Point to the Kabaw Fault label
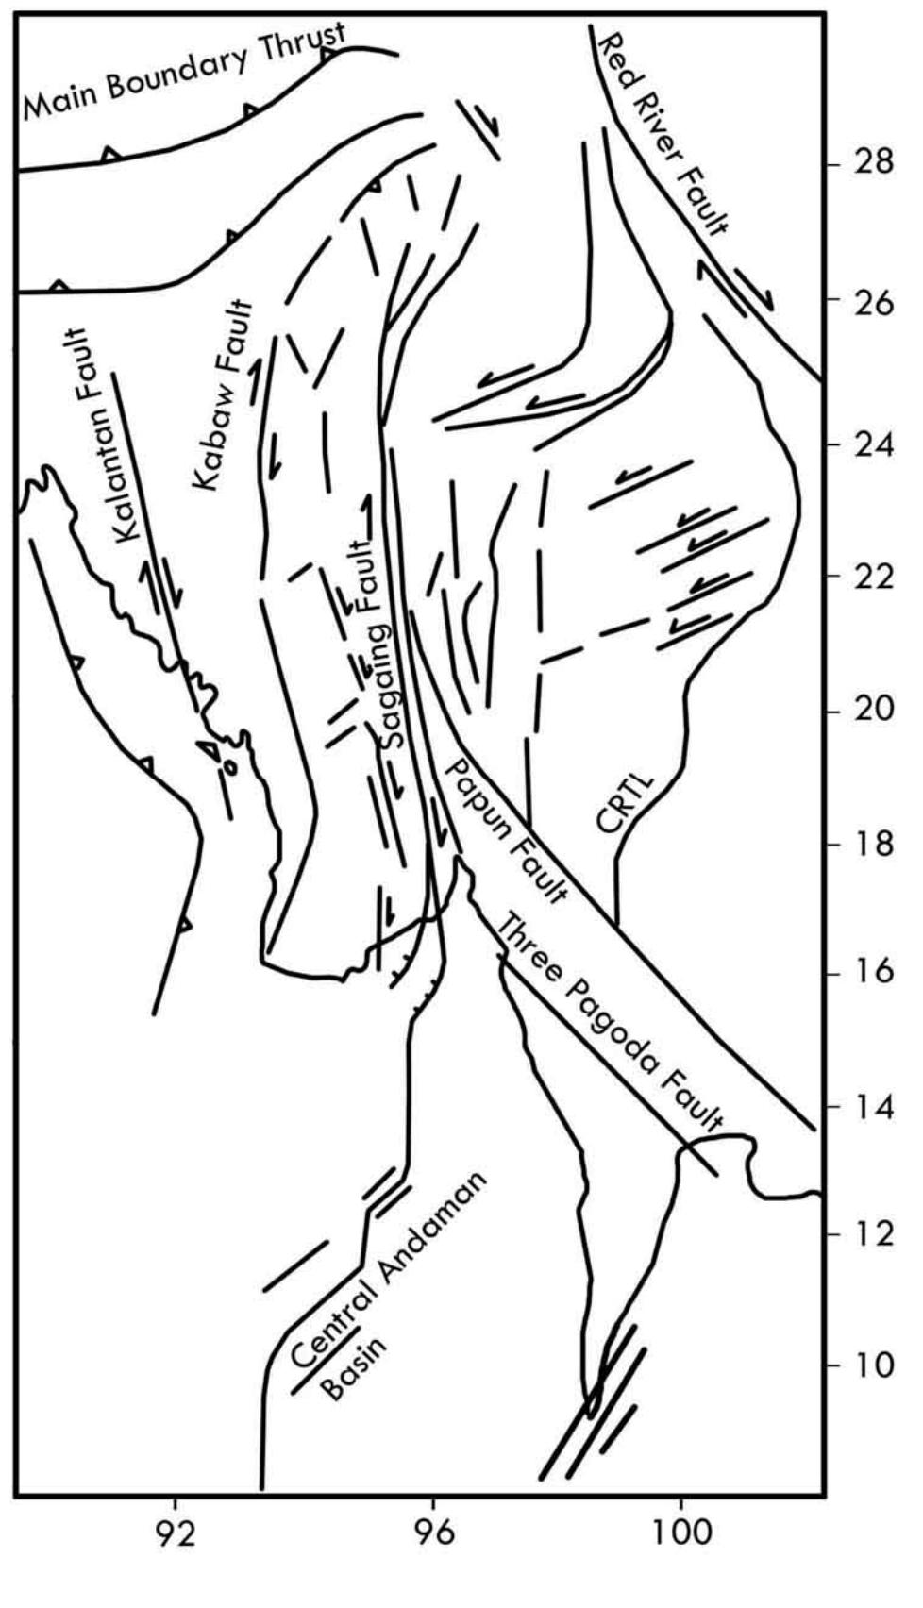tap(225, 395)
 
